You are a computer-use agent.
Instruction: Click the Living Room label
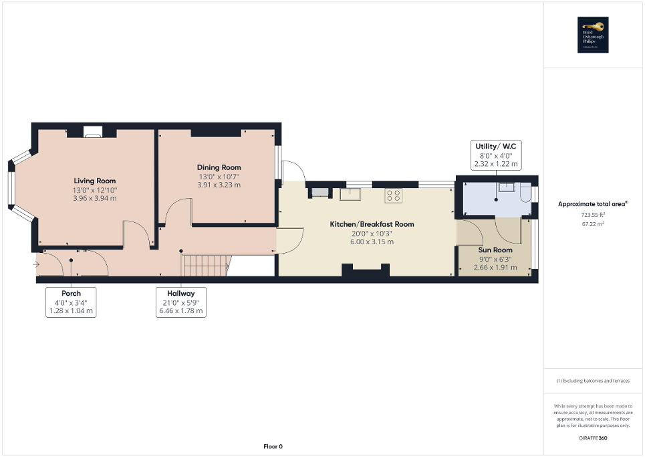(94, 181)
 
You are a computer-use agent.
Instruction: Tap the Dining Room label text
(219, 167)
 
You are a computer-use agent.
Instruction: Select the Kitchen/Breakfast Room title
(372, 224)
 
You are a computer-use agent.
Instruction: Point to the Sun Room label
(495, 250)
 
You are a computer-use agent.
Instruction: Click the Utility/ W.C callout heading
(495, 145)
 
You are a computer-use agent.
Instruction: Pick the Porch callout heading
(70, 293)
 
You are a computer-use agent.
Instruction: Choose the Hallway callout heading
(180, 293)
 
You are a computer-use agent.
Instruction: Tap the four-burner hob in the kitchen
(393, 195)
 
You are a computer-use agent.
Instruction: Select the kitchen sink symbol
(350, 195)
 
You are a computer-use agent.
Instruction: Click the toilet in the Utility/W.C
(525, 195)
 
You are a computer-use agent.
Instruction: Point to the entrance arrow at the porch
(35, 264)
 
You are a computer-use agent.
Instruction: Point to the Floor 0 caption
(272, 446)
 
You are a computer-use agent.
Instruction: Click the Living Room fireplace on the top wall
(92, 134)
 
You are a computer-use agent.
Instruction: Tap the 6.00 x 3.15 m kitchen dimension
(372, 242)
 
